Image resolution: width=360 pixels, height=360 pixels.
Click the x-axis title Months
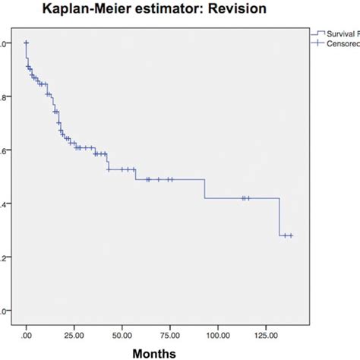(x=155, y=353)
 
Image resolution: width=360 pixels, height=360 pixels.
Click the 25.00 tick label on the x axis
(x=74, y=333)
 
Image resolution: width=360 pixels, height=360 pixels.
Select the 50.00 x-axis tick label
(x=122, y=333)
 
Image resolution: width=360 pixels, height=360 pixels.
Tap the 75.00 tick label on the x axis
(x=169, y=333)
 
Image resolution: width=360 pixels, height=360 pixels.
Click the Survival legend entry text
(x=341, y=34)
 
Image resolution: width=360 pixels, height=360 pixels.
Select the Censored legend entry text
(x=342, y=44)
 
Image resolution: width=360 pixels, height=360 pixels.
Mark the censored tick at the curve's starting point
(x=26, y=43)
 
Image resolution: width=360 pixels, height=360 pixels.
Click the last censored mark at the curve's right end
(x=290, y=235)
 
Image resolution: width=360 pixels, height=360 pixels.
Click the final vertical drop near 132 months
(x=279, y=217)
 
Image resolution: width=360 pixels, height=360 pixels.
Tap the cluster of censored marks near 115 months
(x=245, y=198)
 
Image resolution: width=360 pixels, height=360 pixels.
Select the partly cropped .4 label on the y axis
(x=4, y=204)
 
